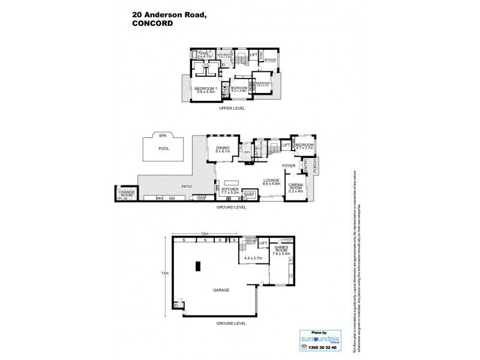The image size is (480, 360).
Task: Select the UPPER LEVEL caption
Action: (x=232, y=108)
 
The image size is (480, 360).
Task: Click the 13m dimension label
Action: (x=166, y=273)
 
